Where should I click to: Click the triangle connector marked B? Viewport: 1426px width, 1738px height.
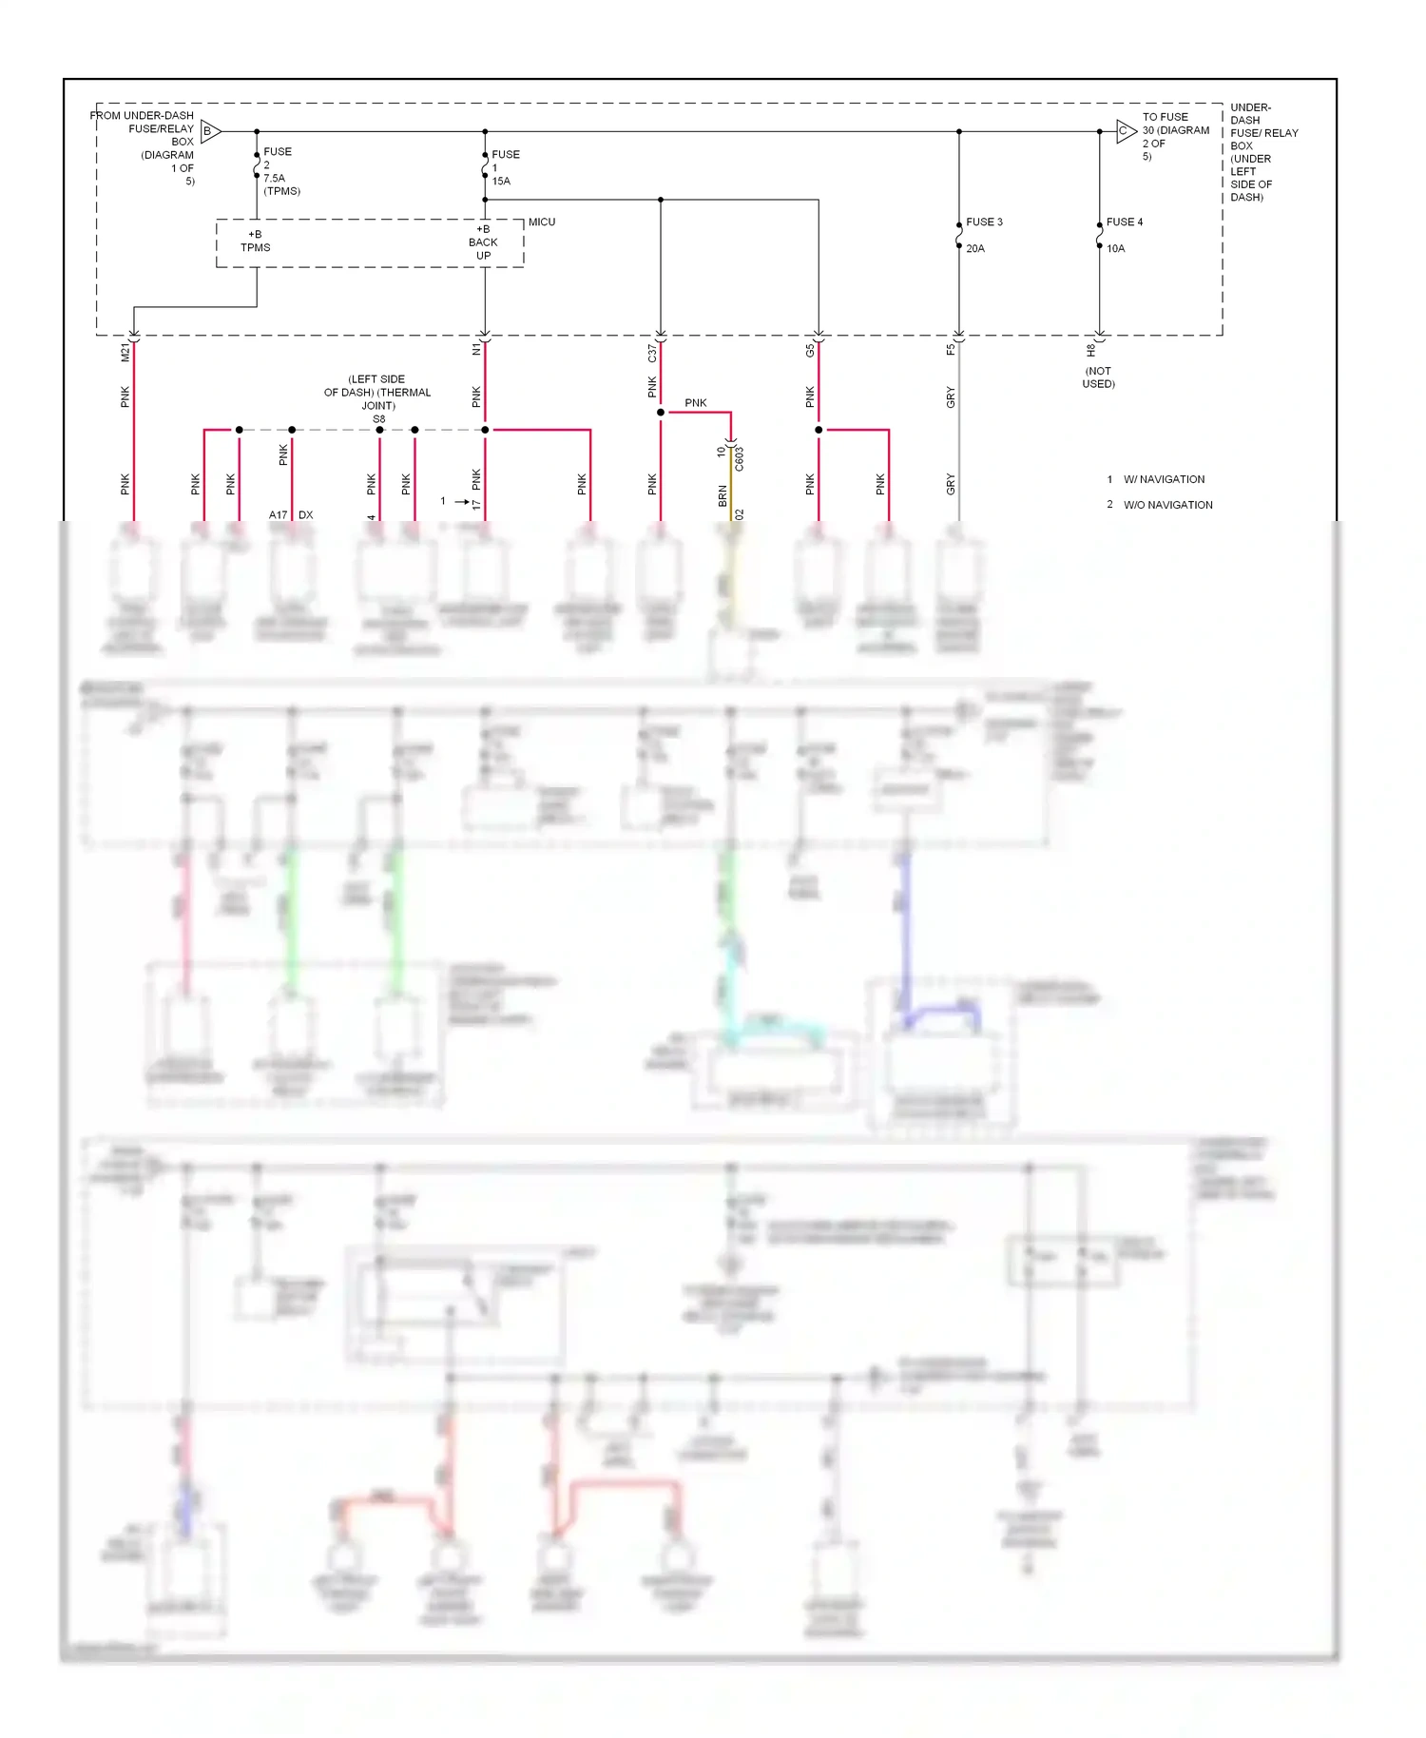click(x=210, y=131)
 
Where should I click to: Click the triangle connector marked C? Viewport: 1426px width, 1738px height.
click(x=1126, y=131)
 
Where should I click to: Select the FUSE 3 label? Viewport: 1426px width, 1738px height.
click(x=984, y=222)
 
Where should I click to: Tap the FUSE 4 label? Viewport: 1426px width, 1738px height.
click(x=1125, y=222)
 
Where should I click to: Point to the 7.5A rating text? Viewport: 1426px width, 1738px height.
click(x=274, y=178)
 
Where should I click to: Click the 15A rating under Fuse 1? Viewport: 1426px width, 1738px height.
click(x=501, y=181)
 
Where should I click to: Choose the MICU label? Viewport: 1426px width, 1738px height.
click(x=542, y=222)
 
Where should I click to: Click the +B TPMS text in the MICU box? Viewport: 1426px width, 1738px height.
click(x=255, y=241)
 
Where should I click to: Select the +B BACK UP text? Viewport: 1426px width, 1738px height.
click(x=483, y=242)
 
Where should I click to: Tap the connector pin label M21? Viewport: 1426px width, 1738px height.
click(x=125, y=353)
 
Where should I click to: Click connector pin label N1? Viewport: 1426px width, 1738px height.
click(x=476, y=350)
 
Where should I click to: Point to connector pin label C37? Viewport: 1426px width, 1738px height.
click(x=652, y=353)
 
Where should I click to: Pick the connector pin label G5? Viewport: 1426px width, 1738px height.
click(x=810, y=351)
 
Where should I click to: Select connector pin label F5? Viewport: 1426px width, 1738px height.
click(x=951, y=350)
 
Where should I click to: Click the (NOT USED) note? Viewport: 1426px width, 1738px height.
click(x=1098, y=377)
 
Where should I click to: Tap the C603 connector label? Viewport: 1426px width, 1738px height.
click(x=739, y=459)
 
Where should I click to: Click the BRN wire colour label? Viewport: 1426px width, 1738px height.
click(x=723, y=495)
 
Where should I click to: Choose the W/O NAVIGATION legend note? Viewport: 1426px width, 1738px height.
click(x=1167, y=505)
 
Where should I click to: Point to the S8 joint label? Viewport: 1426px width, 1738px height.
click(x=378, y=419)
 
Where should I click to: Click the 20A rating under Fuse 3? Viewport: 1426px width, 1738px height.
click(x=975, y=248)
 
